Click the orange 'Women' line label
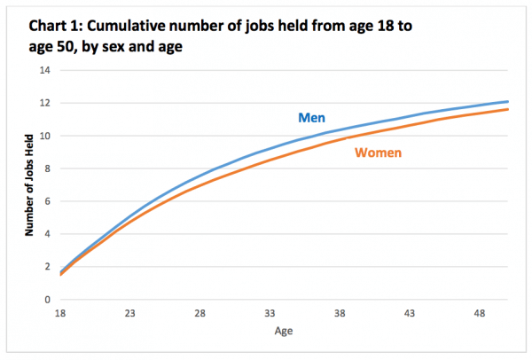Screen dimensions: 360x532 [379, 153]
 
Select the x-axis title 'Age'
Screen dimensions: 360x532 [281, 330]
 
